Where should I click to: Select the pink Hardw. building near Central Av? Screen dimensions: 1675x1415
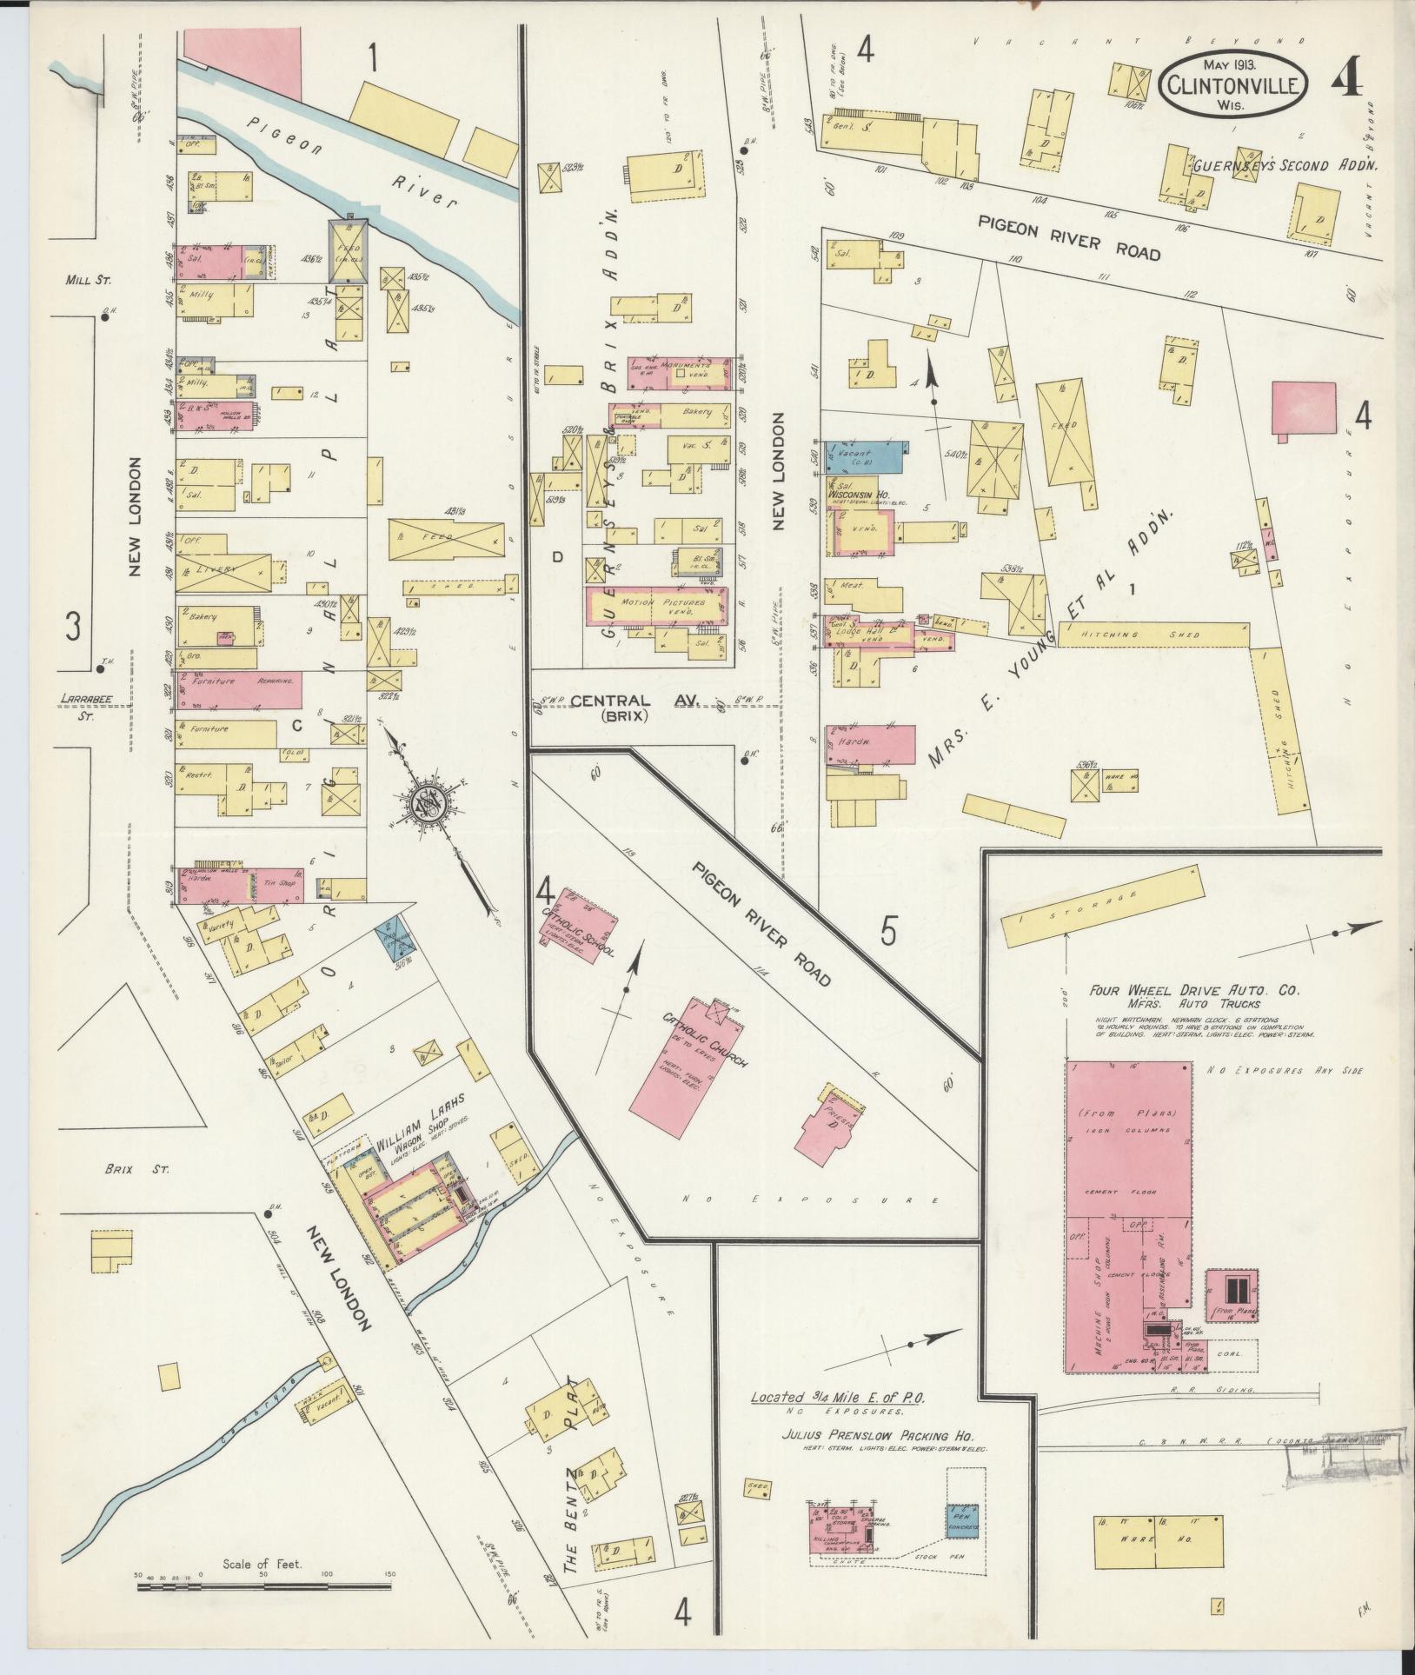[871, 743]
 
